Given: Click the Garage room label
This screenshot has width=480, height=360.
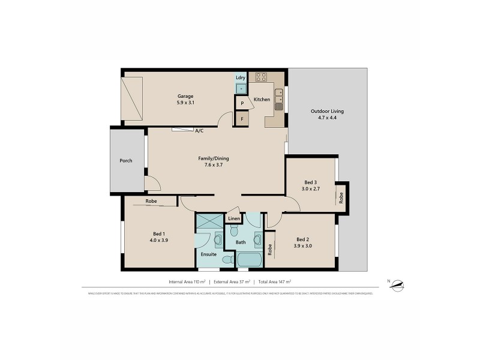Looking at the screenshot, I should (185, 96).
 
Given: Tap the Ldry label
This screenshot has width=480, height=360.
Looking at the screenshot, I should (241, 78).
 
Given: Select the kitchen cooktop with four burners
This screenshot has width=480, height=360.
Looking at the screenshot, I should (261, 77).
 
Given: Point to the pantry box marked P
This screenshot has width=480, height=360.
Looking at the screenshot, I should (242, 103).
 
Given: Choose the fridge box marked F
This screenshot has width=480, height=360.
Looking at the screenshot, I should (242, 119).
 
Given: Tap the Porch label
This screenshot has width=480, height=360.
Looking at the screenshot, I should (126, 160).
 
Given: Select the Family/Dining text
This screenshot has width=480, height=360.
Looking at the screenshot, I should (214, 158).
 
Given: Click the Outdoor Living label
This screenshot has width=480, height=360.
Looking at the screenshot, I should (327, 111).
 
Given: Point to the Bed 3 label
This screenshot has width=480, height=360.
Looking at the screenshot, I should (310, 182).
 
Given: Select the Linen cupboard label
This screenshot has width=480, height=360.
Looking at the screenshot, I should (234, 219).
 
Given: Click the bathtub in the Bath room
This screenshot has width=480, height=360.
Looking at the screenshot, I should (250, 260).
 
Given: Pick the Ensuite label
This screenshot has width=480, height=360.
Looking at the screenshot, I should (209, 254).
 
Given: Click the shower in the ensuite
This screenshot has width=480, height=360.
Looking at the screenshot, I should (209, 221).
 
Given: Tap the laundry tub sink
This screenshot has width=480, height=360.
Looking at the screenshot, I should (241, 88).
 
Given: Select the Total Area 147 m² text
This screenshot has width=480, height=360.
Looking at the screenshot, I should (274, 281).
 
